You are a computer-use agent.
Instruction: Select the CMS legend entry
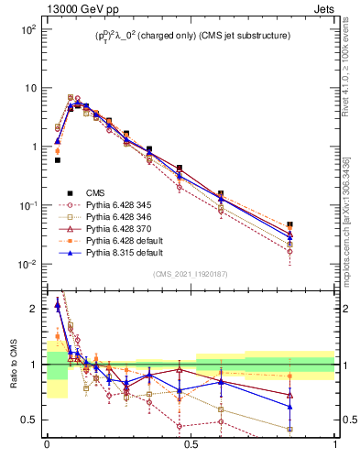[x=95, y=192]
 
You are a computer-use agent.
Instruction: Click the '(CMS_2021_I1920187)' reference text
[x=191, y=275]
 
